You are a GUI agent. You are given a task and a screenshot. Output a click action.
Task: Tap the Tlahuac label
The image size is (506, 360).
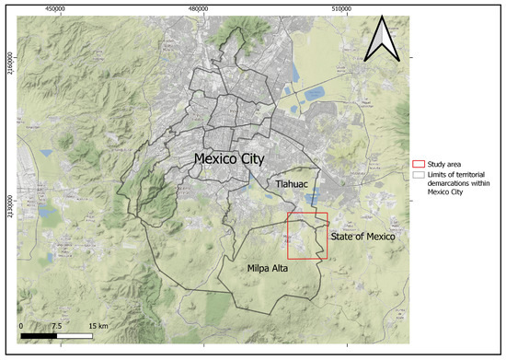tap(290, 185)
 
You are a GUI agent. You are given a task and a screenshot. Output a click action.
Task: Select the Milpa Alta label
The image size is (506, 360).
tap(270, 269)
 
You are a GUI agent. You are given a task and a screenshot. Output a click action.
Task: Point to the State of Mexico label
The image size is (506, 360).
tap(364, 238)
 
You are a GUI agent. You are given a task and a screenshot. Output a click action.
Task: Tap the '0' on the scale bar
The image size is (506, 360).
tap(21, 327)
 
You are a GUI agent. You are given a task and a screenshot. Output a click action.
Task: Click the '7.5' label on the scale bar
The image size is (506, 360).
tap(56, 327)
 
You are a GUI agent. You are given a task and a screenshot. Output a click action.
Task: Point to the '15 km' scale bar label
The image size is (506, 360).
tap(98, 327)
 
